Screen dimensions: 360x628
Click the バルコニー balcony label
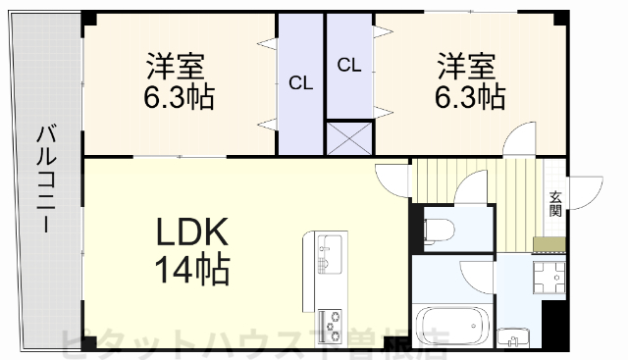coord(45,178)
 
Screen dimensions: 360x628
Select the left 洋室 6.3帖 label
coord(177,83)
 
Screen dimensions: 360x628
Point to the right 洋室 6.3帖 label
coord(470,83)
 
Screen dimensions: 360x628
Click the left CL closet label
coord(300,83)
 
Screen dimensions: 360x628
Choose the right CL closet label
coord(348,66)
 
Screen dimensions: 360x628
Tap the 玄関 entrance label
coord(555,201)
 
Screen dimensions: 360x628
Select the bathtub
coord(452,327)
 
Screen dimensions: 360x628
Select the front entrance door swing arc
coord(589,191)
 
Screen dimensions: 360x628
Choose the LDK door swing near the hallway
coord(392,180)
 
